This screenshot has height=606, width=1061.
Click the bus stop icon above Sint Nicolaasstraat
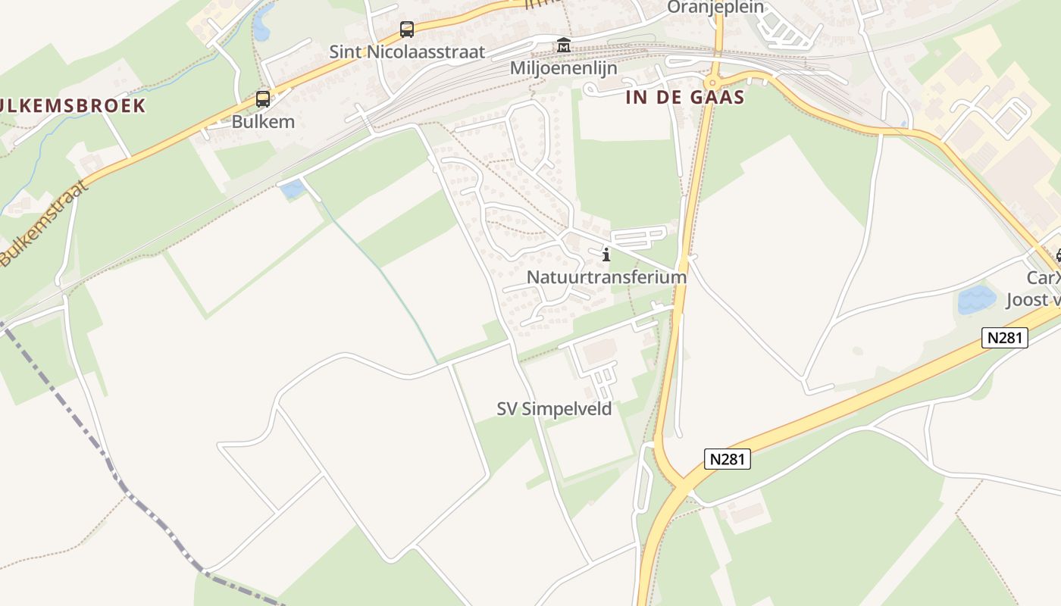[x=407, y=30]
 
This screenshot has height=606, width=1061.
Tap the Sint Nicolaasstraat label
[x=407, y=52]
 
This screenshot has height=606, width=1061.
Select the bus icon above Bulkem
[x=263, y=98]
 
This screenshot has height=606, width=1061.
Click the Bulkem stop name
[x=263, y=121]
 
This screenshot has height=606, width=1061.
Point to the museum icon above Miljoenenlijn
[x=563, y=45]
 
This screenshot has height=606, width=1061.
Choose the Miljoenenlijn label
[x=563, y=68]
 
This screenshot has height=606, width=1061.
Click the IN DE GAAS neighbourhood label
[x=685, y=98]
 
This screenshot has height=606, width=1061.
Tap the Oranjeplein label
[x=715, y=8]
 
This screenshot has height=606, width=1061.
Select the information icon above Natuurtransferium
[x=606, y=255]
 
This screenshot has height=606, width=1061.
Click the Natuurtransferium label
[x=606, y=277]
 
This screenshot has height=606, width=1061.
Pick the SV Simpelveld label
[x=554, y=409]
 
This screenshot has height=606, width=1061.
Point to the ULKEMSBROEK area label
[x=73, y=105]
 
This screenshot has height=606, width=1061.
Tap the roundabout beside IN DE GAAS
[x=712, y=82]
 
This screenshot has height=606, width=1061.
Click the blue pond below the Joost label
[x=976, y=299]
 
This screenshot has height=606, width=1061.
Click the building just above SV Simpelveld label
[x=599, y=351]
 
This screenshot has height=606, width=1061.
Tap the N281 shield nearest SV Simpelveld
[x=727, y=459]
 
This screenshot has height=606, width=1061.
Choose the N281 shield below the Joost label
[x=1005, y=338]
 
